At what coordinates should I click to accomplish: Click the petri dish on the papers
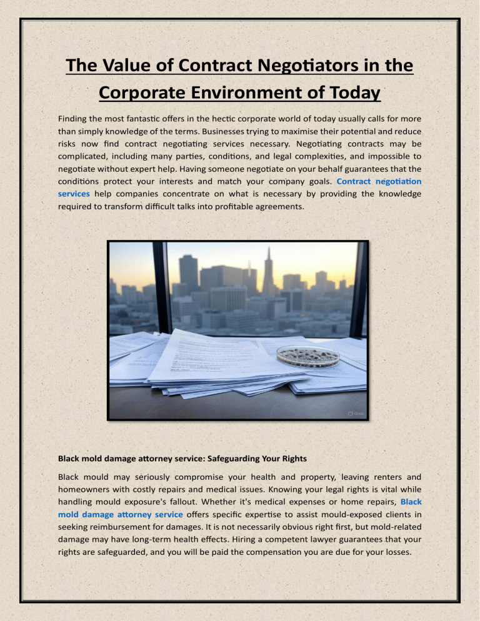[308, 355]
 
